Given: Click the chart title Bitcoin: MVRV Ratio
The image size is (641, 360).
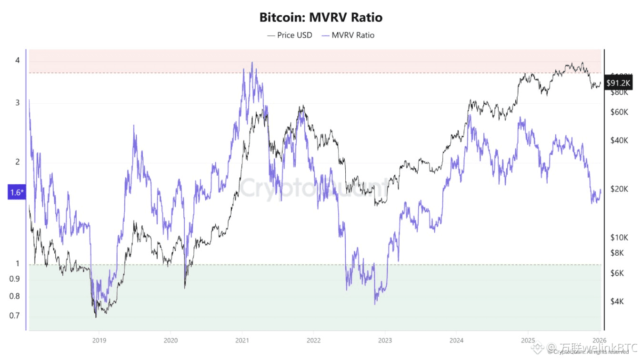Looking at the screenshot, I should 320,18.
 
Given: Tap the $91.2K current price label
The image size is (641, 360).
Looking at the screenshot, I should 618,82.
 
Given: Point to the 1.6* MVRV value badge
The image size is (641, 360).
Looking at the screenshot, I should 15,192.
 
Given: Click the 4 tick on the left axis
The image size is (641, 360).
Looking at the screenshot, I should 17,60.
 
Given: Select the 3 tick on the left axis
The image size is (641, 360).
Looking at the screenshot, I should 17,103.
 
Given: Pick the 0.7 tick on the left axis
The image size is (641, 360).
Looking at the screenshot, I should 15,315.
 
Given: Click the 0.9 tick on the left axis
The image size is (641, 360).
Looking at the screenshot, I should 15,279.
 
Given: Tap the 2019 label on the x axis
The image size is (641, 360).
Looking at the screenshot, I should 99,340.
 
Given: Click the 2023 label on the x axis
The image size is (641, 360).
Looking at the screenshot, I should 385,340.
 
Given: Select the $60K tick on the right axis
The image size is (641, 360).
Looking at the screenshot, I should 619,112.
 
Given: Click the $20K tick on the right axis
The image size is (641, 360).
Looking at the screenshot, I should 619,189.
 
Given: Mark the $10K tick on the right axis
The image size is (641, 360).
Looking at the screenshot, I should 619,237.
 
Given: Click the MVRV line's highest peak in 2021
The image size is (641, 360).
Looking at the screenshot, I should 252,62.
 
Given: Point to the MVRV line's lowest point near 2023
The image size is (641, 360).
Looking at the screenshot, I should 375,304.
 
